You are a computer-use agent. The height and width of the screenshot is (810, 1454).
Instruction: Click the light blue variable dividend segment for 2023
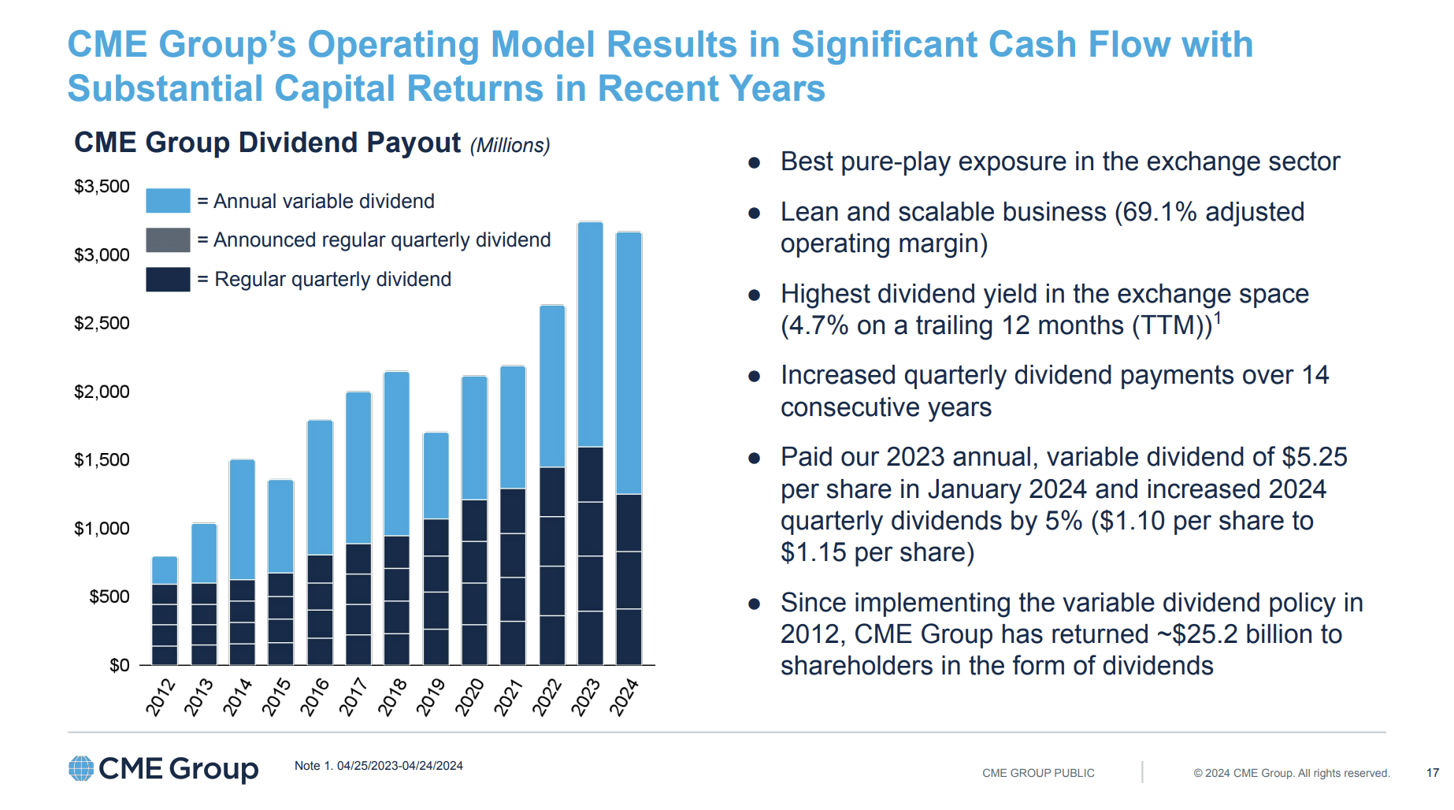coord(590,335)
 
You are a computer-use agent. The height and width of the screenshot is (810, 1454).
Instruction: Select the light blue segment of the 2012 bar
coord(165,570)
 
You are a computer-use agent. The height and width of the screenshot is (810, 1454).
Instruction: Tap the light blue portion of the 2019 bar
coord(436,476)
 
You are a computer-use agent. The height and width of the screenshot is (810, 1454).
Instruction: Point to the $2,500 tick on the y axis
coord(102,324)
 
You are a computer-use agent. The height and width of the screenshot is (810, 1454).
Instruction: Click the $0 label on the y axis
coord(119,666)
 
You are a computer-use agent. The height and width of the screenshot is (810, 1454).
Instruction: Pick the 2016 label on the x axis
coord(314,697)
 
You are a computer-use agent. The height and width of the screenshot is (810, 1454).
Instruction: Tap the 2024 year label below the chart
coord(624,697)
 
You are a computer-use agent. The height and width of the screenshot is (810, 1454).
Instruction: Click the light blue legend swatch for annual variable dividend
coord(168,201)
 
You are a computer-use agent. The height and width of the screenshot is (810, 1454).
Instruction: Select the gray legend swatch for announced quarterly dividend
coord(168,240)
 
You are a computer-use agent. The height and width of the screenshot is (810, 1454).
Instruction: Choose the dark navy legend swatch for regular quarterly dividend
coord(168,280)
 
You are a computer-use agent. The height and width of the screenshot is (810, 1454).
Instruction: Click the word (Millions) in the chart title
coord(510,146)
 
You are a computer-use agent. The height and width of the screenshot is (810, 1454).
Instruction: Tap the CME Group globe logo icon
coord(81,768)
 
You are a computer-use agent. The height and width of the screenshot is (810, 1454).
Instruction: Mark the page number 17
coord(1432,773)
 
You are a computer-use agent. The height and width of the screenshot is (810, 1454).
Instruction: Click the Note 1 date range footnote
coord(378,766)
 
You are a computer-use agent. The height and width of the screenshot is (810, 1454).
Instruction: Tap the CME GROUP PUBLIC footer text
coord(1038,773)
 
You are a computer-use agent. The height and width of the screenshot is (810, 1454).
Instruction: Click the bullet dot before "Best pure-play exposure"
coord(755,163)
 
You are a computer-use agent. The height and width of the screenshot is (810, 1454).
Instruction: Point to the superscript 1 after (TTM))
coord(1218,318)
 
